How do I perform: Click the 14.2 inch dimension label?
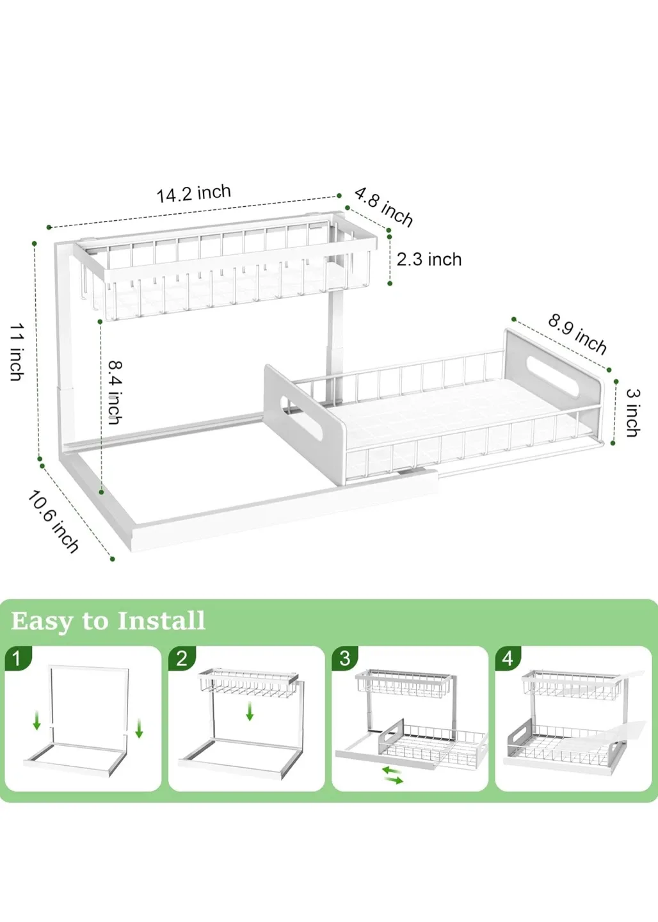[x=193, y=193]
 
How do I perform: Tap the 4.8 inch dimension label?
[x=383, y=206]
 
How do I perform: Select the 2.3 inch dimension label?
[x=429, y=259]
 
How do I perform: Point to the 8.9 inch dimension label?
[x=577, y=334]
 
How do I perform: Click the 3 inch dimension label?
[x=632, y=412]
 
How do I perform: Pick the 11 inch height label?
[x=17, y=352]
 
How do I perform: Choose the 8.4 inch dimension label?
[x=115, y=392]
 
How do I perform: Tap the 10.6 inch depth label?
[x=53, y=521]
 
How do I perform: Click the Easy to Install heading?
[x=108, y=621]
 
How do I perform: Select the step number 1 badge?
[x=17, y=658]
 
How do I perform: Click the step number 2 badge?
[x=182, y=658]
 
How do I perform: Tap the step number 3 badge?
[x=345, y=658]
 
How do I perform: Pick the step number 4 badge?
[x=508, y=658]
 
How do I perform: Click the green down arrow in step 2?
[x=250, y=711]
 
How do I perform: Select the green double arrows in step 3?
[x=392, y=775]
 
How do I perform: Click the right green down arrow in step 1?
[x=139, y=728]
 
